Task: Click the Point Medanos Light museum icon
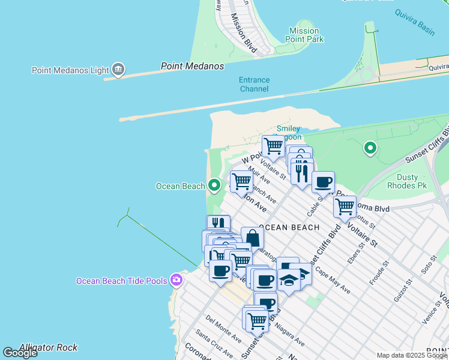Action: (x=118, y=70)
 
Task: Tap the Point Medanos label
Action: (x=192, y=66)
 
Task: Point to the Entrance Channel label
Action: (x=254, y=84)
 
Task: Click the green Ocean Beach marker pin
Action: (x=214, y=185)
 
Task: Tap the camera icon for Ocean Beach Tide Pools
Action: (x=176, y=280)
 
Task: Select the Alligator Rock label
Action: (x=48, y=347)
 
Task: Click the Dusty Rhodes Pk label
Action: (x=415, y=182)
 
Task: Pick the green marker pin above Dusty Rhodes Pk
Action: (x=370, y=147)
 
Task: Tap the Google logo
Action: (x=20, y=353)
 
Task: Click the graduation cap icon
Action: (x=289, y=280)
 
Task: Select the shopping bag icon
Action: (x=253, y=238)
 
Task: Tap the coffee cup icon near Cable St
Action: (x=323, y=182)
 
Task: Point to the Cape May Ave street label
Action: (x=333, y=280)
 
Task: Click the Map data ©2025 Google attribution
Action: (x=411, y=355)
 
